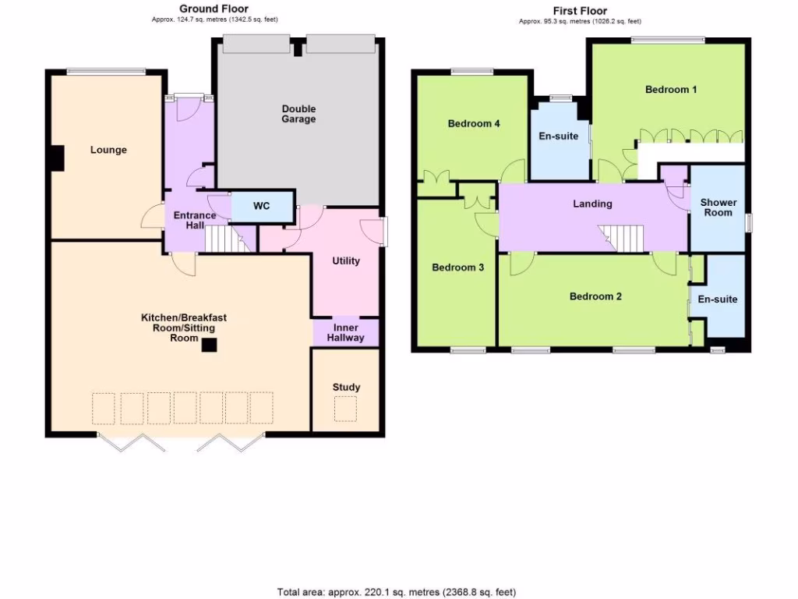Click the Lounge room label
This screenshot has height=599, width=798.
click(108, 150)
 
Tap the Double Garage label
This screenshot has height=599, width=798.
click(298, 114)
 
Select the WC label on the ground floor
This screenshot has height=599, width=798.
click(262, 207)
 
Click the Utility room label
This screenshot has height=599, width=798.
click(346, 261)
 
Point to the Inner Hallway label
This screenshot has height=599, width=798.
click(344, 333)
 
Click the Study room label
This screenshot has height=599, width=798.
click(346, 387)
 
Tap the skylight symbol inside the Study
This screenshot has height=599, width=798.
click(346, 408)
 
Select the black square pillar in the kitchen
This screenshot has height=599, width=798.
click(208, 345)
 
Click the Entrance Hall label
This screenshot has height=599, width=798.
click(189, 220)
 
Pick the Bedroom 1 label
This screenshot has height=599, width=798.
click(671, 90)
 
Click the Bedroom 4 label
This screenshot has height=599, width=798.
click(474, 123)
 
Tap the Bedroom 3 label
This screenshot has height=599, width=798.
click(458, 268)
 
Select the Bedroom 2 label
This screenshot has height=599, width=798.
click(595, 296)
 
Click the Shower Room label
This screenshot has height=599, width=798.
click(719, 207)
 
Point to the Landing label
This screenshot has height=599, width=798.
click(592, 204)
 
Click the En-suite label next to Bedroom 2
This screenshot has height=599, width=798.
click(717, 299)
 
